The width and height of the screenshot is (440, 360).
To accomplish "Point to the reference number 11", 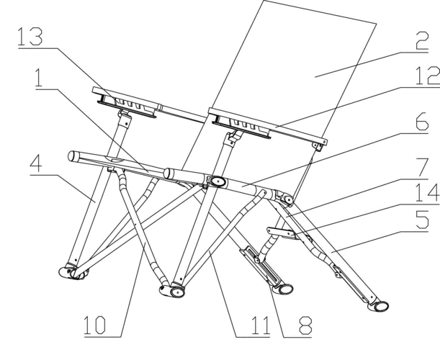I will (x=248, y=325).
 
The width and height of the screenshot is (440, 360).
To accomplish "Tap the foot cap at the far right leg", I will (x=380, y=307).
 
